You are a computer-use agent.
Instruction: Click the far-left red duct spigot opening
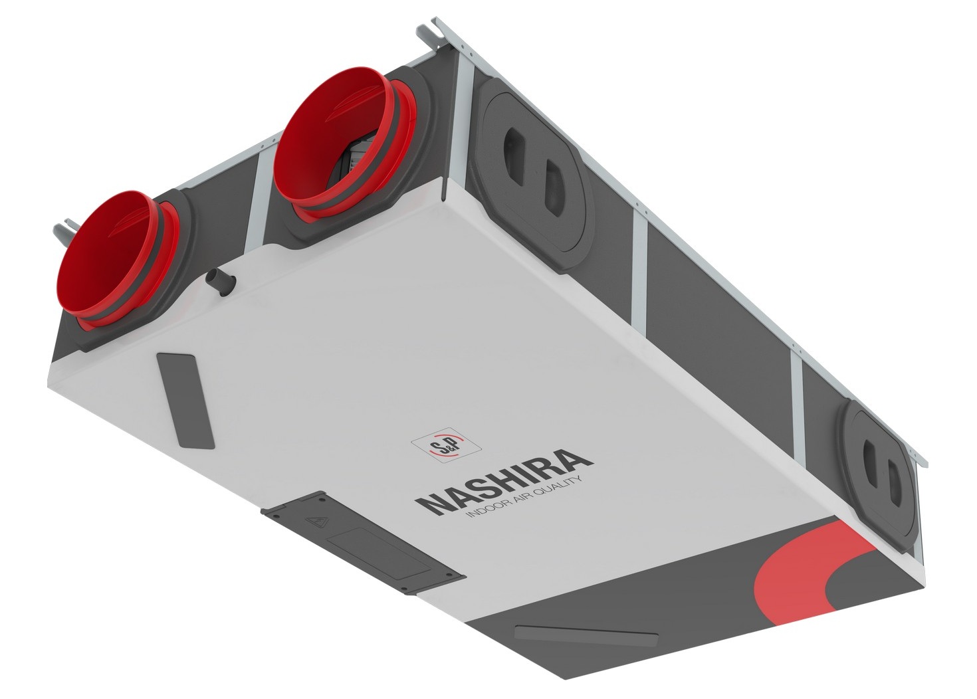[x=105, y=257]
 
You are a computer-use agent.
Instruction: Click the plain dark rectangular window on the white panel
[x=185, y=401]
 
